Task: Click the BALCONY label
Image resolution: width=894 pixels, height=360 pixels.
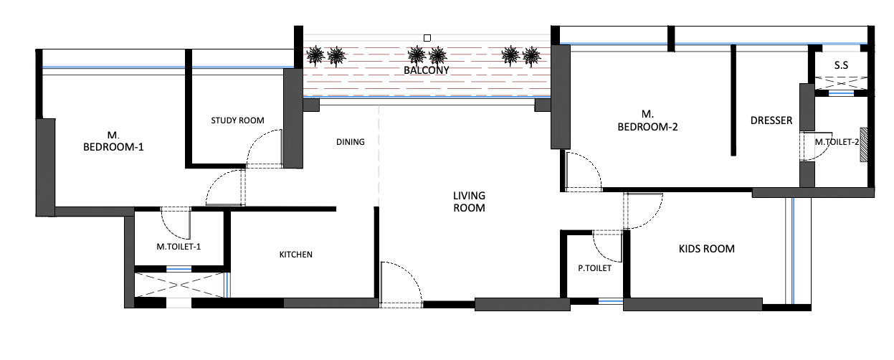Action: (426, 71)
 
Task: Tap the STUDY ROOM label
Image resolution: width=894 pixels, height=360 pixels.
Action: (237, 120)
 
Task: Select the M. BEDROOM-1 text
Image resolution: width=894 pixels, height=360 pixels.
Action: (113, 141)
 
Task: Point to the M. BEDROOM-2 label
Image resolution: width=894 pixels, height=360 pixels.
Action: (648, 120)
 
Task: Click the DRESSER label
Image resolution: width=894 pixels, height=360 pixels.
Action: (771, 120)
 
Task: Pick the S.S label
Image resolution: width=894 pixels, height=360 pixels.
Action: (841, 65)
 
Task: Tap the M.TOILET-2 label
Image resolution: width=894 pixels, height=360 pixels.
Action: (836, 142)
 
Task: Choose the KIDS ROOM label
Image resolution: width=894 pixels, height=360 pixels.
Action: (706, 250)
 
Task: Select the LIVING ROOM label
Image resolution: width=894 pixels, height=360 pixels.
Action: (469, 202)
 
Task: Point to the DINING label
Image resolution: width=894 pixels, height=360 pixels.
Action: (350, 142)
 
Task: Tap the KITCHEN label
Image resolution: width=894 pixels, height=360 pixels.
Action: (295, 255)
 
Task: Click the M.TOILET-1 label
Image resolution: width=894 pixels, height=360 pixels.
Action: (179, 247)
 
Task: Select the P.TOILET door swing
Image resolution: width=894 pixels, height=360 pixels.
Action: (609, 247)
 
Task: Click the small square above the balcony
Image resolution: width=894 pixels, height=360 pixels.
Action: (427, 37)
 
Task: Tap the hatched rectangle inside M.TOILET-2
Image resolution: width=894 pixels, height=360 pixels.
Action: (864, 145)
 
